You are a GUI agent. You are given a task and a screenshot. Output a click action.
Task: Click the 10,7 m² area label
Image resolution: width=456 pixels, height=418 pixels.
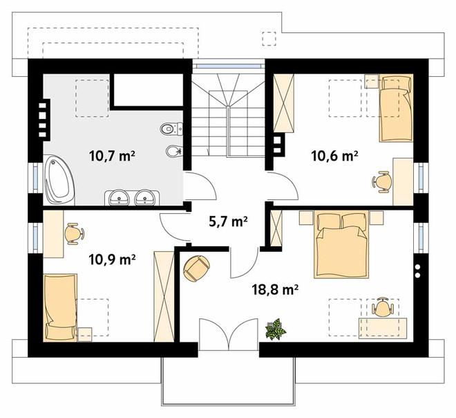click(112, 156)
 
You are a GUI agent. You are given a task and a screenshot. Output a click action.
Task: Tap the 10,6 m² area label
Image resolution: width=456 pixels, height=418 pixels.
click(334, 156)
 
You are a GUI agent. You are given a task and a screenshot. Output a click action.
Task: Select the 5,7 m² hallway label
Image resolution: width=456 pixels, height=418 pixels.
click(228, 221)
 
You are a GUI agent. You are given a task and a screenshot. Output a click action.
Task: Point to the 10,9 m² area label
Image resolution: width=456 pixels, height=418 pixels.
click(113, 260)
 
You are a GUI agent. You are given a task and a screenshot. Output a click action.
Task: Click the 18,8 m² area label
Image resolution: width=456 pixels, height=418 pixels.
click(275, 290)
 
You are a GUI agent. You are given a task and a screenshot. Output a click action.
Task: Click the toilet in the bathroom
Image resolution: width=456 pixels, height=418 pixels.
click(171, 129)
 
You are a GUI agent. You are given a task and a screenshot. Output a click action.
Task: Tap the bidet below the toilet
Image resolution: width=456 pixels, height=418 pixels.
click(175, 151)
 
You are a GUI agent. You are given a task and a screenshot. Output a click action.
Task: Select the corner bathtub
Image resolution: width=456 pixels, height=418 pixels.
click(59, 179)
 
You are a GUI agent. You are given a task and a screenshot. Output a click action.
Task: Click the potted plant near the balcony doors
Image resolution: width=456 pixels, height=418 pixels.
click(275, 329)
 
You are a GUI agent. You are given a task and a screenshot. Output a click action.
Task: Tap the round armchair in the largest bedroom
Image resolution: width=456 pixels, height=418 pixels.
click(197, 269)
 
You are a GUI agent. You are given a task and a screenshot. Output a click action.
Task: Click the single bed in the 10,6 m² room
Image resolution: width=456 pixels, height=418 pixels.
click(396, 108)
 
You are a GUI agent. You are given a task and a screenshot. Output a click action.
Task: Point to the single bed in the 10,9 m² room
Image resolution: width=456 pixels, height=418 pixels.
click(61, 307)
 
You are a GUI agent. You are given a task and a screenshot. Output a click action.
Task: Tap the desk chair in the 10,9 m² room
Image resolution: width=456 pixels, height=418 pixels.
click(74, 234)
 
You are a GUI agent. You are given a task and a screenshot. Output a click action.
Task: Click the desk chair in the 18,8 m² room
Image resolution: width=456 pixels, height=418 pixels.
click(382, 307)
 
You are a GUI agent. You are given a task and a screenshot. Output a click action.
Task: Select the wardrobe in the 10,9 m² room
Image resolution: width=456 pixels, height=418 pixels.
click(164, 296)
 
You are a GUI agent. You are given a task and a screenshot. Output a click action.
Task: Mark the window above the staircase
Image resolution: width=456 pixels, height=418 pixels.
click(229, 66)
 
